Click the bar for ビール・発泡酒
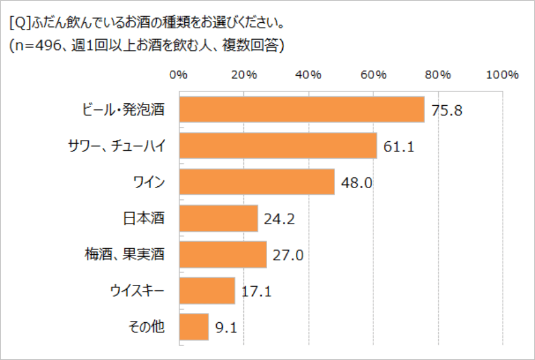coord(302,109)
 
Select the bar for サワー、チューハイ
coord(278,145)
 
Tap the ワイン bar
coord(257,182)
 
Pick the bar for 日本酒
coord(219,218)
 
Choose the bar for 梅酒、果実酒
coord(223,255)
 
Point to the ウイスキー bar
coord(207,291)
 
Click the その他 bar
coord(194,327)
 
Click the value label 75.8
coord(446,111)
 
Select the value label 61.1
coord(399,147)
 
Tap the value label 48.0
coord(357,183)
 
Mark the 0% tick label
coord(178,75)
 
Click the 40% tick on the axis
coord(308,75)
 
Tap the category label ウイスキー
coord(138,291)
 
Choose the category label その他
coord(147,327)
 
